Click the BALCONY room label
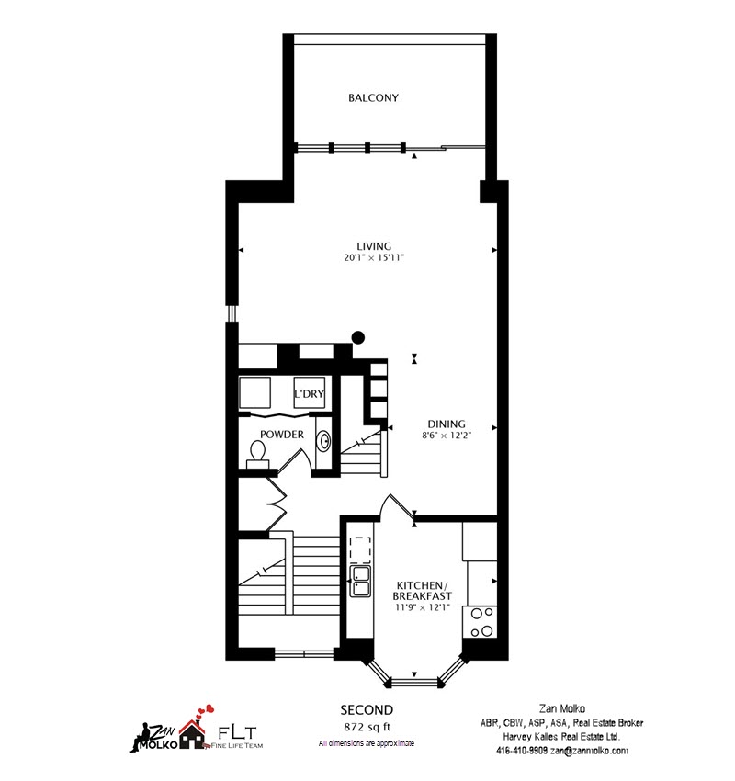tap(373, 98)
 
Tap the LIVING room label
tap(374, 246)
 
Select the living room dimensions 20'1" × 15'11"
tap(374, 258)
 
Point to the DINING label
tap(447, 424)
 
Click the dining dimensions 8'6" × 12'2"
tap(447, 436)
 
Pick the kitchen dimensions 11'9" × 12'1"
tap(423, 607)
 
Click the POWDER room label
tap(282, 435)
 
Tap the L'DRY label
tap(309, 394)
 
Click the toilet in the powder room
tap(257, 455)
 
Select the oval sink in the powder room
tap(324, 441)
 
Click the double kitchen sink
tap(360, 581)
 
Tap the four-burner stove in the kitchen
tap(480, 622)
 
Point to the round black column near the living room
tap(358, 338)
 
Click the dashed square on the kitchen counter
tap(360, 549)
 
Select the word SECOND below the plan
tap(367, 709)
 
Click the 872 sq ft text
tap(367, 727)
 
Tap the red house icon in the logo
tap(192, 735)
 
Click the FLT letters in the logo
tap(238, 732)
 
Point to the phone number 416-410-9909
tap(522, 751)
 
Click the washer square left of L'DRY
tap(255, 392)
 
